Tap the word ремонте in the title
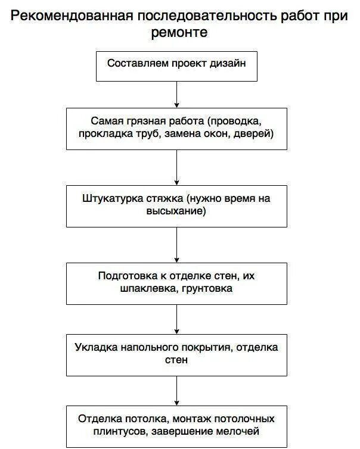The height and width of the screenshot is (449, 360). click(x=179, y=33)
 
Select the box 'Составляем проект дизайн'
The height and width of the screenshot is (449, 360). click(x=176, y=66)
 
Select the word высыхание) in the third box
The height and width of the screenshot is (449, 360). click(x=176, y=211)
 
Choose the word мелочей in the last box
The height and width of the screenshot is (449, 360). click(x=241, y=431)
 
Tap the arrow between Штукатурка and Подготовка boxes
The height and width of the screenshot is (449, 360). click(x=177, y=245)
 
